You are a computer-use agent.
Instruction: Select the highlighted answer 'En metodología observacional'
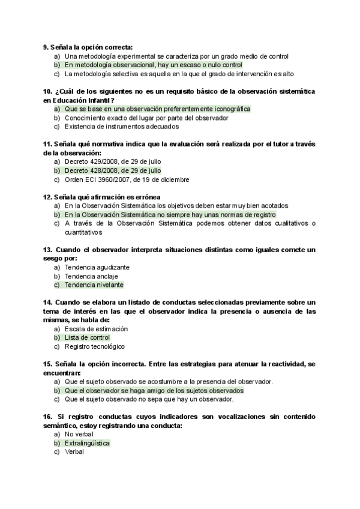(153, 65)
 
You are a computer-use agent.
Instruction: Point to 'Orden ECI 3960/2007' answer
(127, 179)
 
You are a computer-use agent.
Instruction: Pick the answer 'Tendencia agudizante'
(97, 267)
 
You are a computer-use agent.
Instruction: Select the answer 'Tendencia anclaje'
(92, 276)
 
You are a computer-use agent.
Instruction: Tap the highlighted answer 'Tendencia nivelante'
(94, 285)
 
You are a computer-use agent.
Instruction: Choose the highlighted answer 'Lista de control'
(87, 338)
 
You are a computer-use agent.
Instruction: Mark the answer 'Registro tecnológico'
(94, 346)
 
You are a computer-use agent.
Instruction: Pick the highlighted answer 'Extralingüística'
(88, 443)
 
